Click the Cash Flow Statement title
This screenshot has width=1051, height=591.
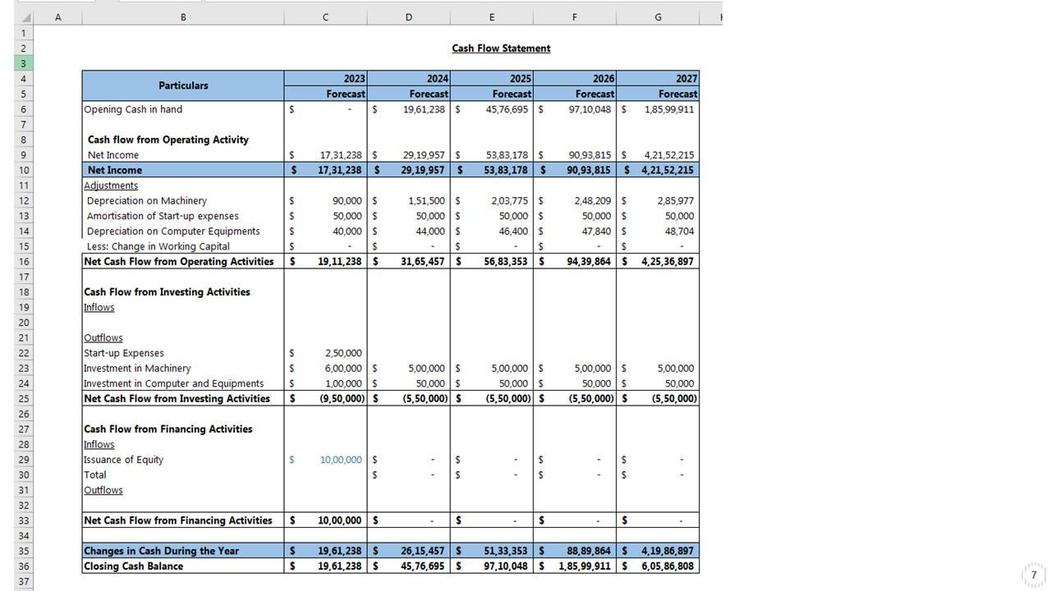click(501, 48)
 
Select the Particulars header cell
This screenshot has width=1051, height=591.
click(183, 85)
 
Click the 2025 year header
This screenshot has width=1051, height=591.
click(520, 79)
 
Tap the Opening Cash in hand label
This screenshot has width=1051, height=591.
click(133, 109)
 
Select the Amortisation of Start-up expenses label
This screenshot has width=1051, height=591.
click(163, 216)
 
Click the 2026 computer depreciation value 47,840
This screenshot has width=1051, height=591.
click(597, 231)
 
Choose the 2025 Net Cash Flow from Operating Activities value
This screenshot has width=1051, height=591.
click(506, 262)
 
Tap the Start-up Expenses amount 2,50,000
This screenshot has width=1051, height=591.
click(342, 353)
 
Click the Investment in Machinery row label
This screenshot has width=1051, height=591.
click(137, 369)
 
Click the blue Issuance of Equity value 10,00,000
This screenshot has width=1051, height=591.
click(341, 460)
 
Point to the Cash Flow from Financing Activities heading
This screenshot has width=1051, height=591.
click(168, 429)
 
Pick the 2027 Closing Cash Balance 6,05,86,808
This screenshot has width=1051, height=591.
click(667, 566)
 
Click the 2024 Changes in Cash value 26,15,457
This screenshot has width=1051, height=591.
click(423, 551)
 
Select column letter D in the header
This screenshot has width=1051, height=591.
click(408, 17)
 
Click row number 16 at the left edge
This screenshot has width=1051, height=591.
click(24, 262)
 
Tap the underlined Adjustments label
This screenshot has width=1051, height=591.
click(111, 186)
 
